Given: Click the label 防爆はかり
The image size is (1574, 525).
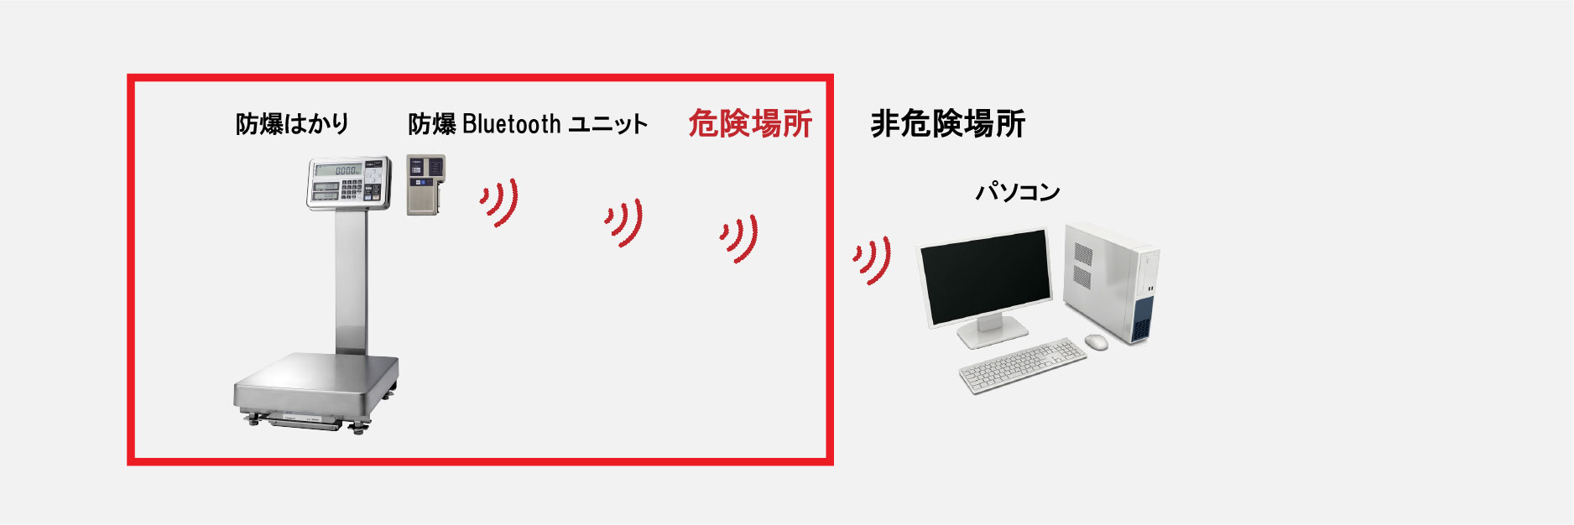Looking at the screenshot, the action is point(292,124).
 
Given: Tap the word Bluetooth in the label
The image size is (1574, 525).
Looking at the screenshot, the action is point(511,124).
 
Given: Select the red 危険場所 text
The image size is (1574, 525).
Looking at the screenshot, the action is point(750,123).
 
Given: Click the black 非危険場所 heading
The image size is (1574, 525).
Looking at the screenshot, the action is point(948,123).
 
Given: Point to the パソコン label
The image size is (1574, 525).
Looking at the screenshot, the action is point(1017,192).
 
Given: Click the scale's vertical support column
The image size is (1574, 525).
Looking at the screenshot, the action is point(351,281).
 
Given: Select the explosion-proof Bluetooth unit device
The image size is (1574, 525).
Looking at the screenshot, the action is point(425,185).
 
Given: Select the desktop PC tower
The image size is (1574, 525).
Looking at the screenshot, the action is point(1112,282).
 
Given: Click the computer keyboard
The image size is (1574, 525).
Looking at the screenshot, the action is point(1023,366).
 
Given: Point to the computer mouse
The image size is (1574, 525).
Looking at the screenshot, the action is point(1096,342).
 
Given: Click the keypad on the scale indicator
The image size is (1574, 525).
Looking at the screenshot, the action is point(352,190).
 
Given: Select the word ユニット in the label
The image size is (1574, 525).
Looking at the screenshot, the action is point(608,124).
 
